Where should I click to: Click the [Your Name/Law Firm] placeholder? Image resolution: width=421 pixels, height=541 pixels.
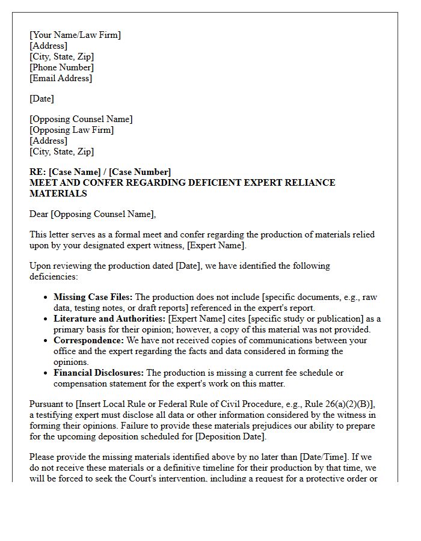(x=75, y=35)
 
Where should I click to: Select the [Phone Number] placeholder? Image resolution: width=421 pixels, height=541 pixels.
(x=61, y=67)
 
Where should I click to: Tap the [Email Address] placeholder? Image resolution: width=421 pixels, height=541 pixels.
(x=61, y=78)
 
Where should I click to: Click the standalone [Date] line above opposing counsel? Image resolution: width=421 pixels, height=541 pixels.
(x=41, y=99)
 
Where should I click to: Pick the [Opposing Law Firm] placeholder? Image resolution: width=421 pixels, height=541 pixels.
(x=72, y=130)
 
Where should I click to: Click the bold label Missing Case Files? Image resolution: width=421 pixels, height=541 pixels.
(x=93, y=297)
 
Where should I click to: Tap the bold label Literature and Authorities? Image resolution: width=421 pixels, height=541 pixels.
(x=109, y=319)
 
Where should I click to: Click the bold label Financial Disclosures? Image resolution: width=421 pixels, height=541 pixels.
(x=99, y=373)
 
